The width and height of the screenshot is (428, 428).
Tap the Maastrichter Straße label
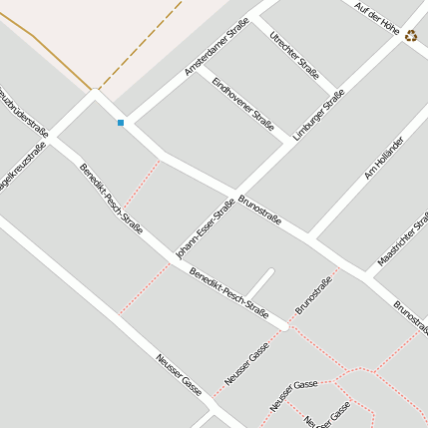[x=404, y=239]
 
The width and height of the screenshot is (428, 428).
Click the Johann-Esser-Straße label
[x=205, y=229]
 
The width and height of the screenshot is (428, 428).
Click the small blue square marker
[x=121, y=123]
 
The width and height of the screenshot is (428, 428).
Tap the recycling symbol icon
[x=411, y=36]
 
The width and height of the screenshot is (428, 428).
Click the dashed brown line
[x=140, y=45]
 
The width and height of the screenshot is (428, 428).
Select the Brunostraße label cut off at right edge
[x=411, y=317]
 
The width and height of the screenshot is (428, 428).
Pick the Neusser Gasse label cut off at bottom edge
[x=327, y=413]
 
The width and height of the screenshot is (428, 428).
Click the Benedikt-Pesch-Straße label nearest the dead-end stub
[x=229, y=292]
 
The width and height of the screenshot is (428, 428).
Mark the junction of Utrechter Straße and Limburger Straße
[x=339, y=88]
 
